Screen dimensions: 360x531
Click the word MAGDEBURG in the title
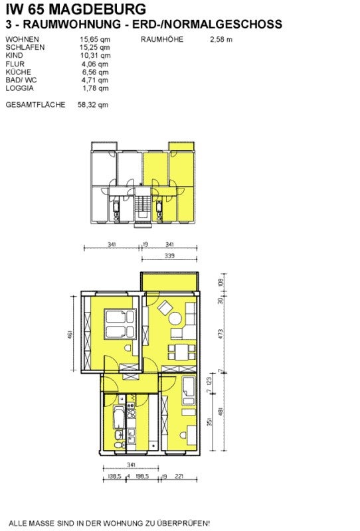point(98,9)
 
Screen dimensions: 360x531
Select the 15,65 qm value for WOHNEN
point(95,39)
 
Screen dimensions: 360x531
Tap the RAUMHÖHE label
point(162,39)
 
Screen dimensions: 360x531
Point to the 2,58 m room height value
point(221,39)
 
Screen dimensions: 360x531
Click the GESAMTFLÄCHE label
point(35,105)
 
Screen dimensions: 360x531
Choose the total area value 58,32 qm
point(93,105)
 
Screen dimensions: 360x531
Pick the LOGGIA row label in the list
point(20,88)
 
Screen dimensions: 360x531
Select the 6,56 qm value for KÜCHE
point(95,72)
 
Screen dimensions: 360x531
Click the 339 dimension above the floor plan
point(169,256)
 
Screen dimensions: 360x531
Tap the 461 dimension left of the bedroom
point(70,335)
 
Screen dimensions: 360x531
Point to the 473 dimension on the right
point(221,334)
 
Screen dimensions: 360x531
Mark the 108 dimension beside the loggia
point(221,282)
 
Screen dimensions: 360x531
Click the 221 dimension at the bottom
point(179,476)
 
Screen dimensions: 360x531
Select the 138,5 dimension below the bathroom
point(115,476)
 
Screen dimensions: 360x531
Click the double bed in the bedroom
point(120,324)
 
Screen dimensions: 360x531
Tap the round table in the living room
point(175,319)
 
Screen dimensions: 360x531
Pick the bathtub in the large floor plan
point(119,417)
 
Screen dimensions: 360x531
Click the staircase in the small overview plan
point(142,206)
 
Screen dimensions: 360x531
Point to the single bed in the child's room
point(189,390)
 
